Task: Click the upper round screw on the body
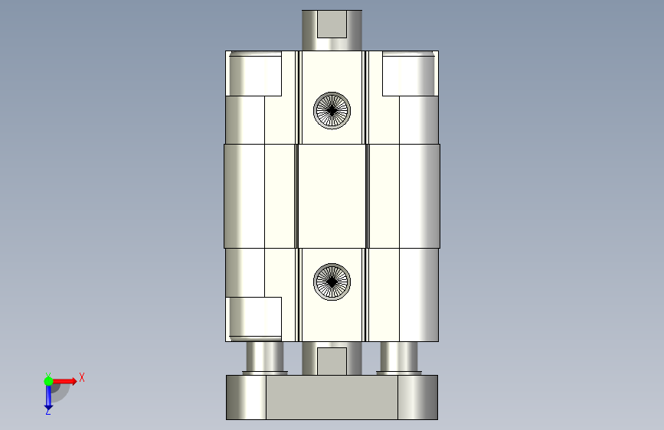click(x=332, y=110)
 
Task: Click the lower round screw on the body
click(x=332, y=282)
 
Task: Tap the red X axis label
click(x=82, y=377)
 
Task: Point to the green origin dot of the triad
click(x=49, y=381)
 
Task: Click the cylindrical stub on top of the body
click(x=332, y=30)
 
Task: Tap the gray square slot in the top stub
click(x=332, y=24)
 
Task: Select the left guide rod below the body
click(x=265, y=358)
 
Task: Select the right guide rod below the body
click(x=399, y=358)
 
